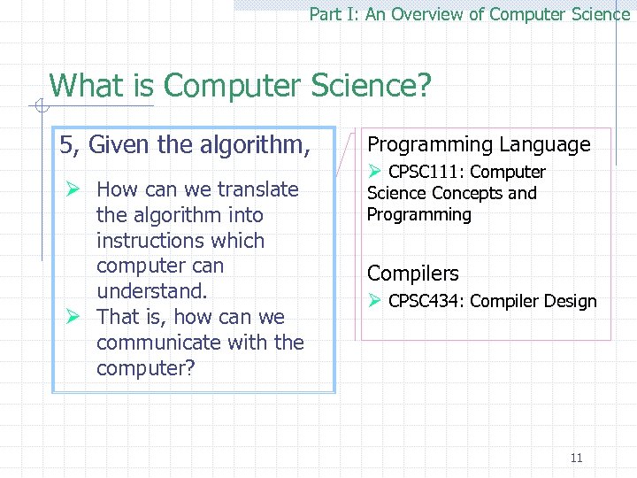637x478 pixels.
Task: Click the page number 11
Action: click(576, 458)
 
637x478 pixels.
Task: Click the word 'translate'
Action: click(258, 189)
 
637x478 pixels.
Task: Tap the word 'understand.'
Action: click(151, 291)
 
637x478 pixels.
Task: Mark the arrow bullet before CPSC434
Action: click(374, 301)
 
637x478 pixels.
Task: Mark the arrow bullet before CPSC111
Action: click(374, 172)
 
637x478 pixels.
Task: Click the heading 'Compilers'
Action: click(413, 274)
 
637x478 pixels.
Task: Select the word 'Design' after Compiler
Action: click(572, 301)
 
